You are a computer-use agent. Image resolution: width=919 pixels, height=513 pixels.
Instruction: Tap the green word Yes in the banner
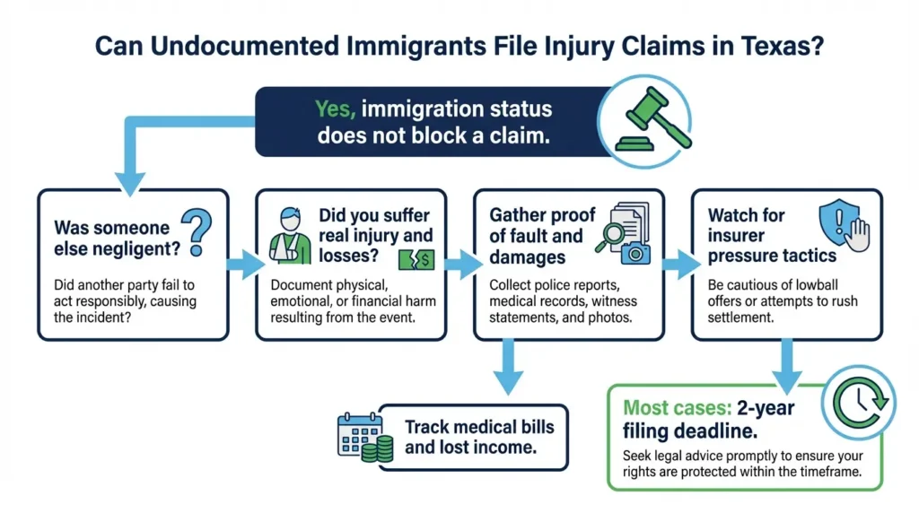(x=336, y=109)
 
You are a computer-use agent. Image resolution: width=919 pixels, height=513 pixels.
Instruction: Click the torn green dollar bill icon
(x=416, y=260)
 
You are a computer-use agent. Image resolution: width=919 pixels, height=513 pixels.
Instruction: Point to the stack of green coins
(x=379, y=446)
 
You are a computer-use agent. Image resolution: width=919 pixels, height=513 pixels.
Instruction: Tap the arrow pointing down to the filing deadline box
(x=788, y=361)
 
